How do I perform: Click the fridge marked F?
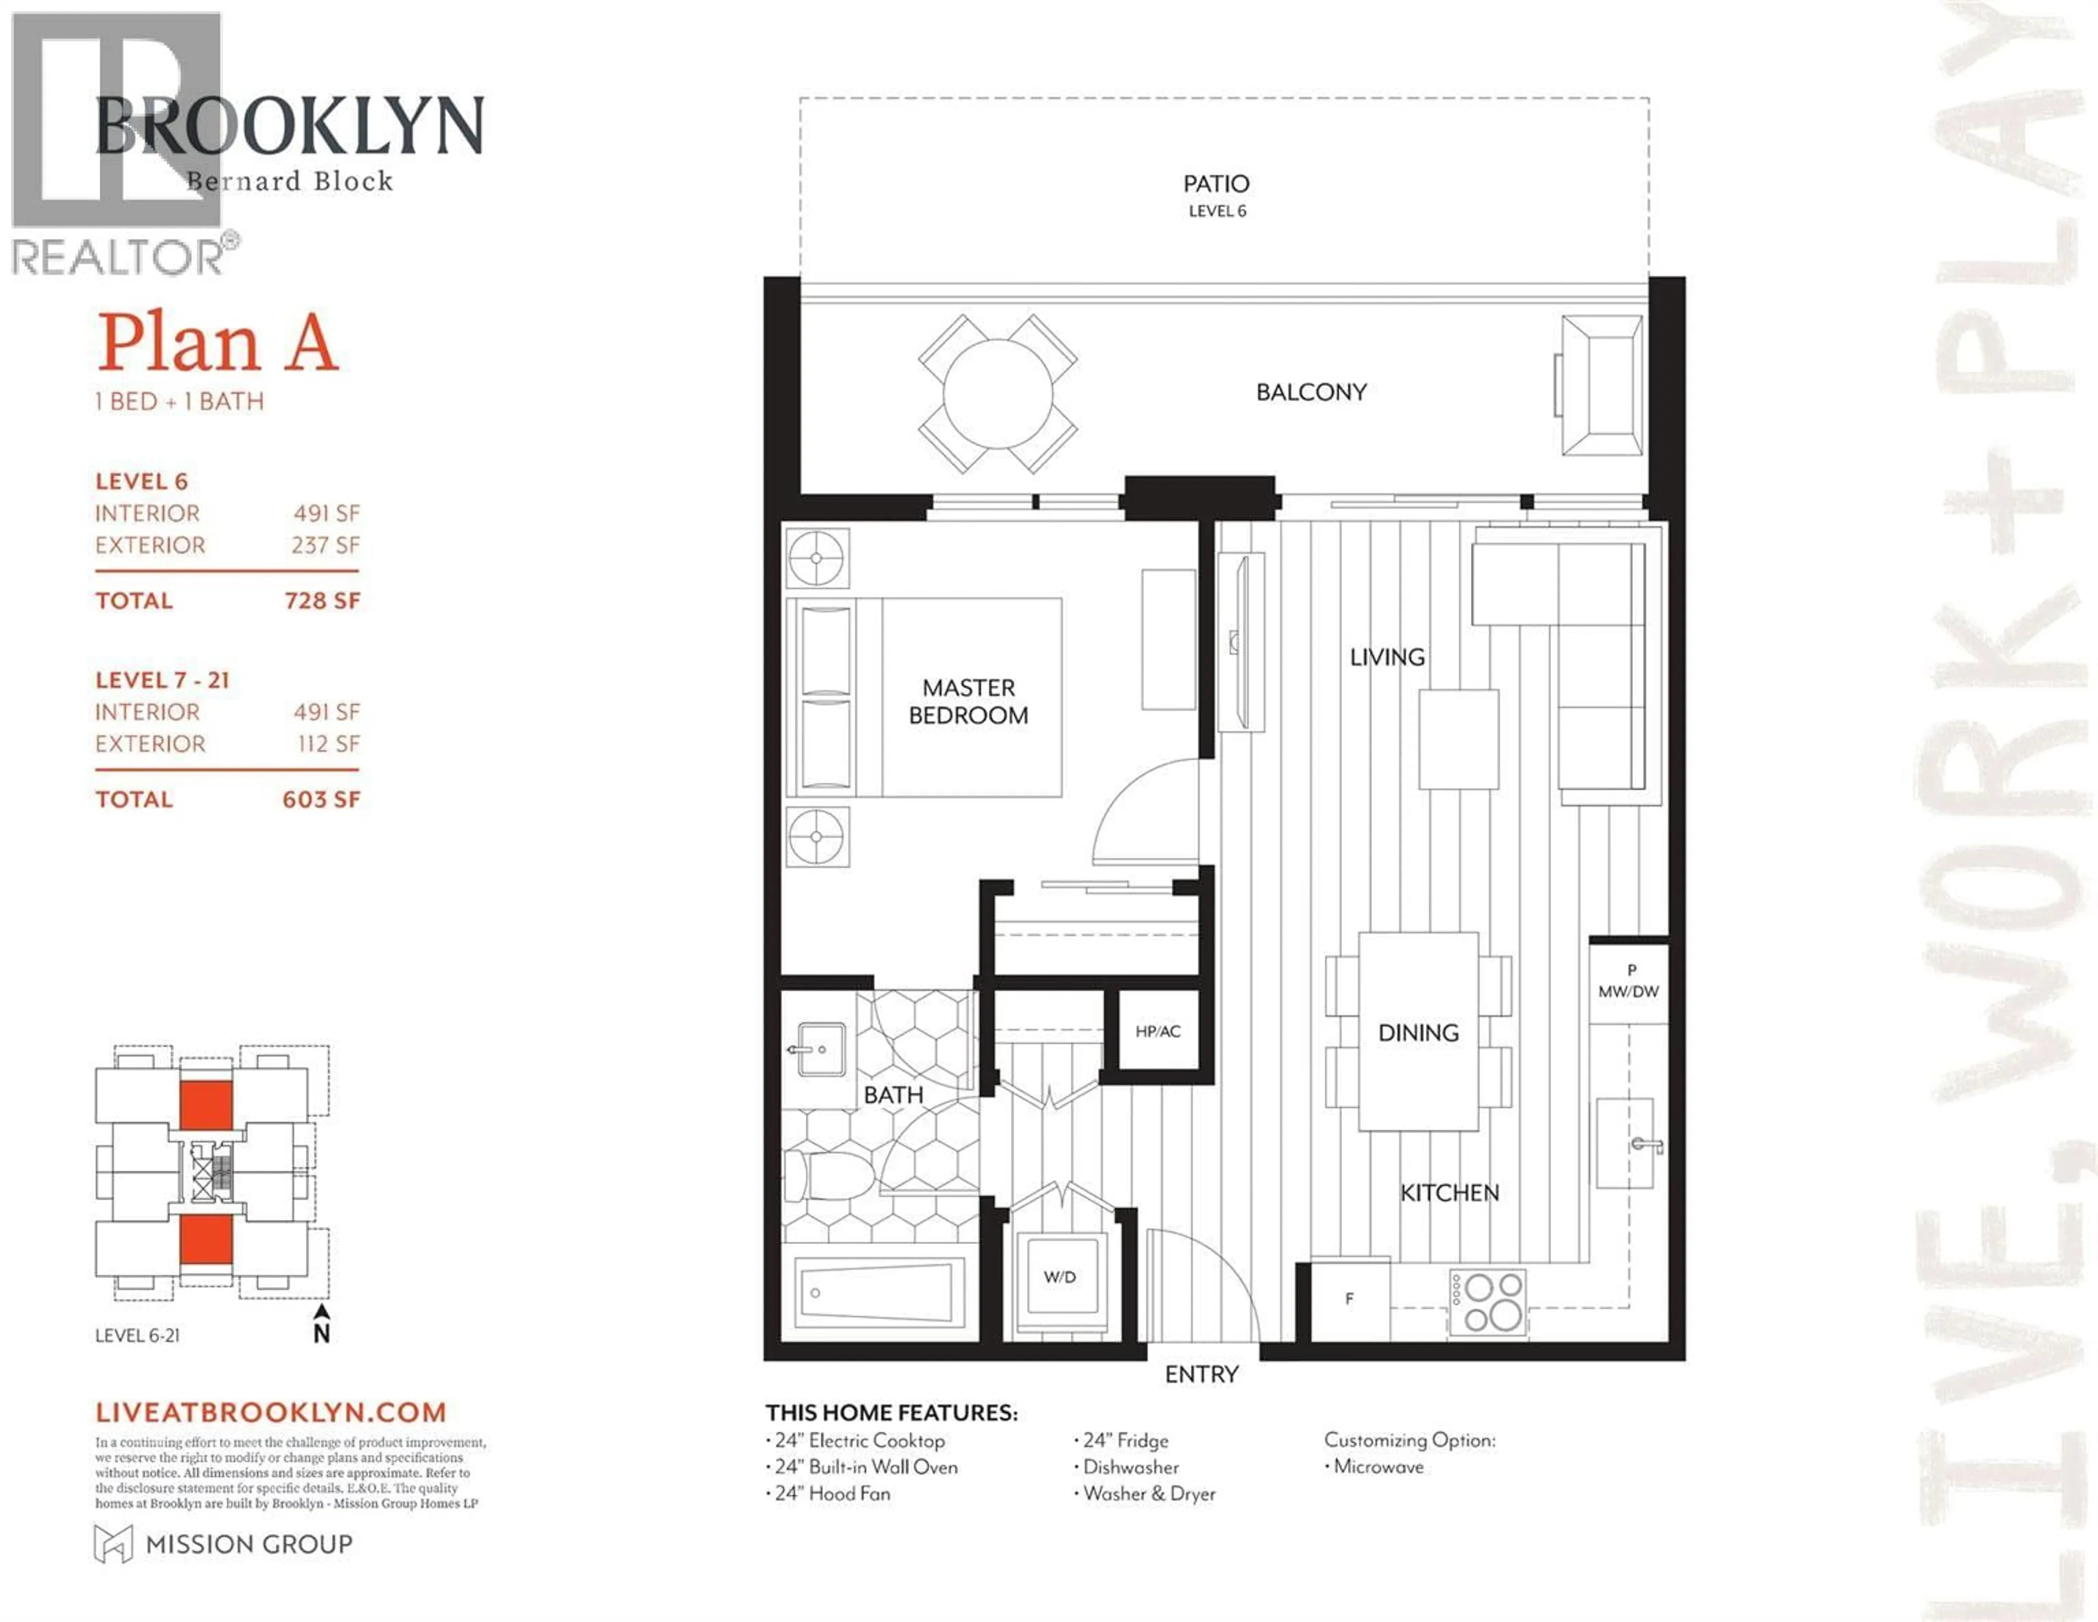tap(1349, 1299)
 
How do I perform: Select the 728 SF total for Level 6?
tap(322, 601)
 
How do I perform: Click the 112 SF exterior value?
tap(328, 744)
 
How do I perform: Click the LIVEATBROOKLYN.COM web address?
tap(271, 1412)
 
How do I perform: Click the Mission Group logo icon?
tap(113, 1543)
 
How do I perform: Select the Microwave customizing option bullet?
tap(1377, 1466)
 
